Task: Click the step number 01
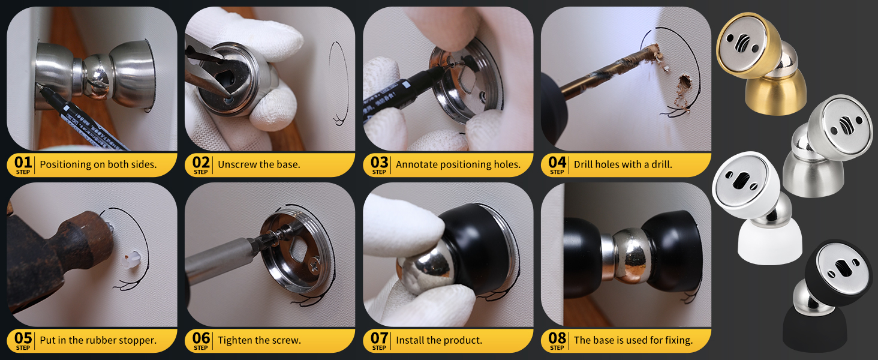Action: (23, 163)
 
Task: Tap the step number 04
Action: (557, 163)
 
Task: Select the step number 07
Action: (379, 338)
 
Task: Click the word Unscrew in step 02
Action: (234, 164)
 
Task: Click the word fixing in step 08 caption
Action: (678, 340)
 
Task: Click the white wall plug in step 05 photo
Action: (131, 260)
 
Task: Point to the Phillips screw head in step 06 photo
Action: (315, 265)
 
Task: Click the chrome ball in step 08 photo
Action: (632, 255)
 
